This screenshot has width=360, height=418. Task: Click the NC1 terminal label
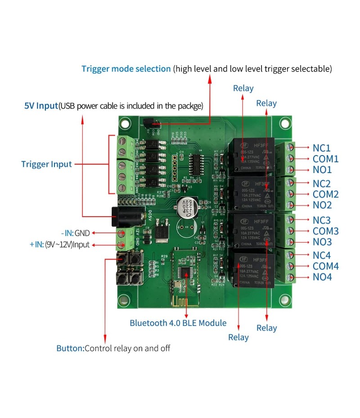pyautogui.click(x=321, y=148)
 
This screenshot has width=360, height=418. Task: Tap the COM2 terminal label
pyautogui.click(x=325, y=194)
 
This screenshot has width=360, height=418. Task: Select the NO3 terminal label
pyautogui.click(x=322, y=242)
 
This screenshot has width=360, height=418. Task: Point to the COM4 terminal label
pyautogui.click(x=325, y=266)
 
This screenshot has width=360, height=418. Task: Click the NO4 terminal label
pyautogui.click(x=322, y=277)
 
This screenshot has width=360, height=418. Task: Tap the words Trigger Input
pyautogui.click(x=46, y=164)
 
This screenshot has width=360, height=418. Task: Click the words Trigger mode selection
pyautogui.click(x=126, y=69)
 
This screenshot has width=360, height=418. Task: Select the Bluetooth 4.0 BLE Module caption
pyautogui.click(x=178, y=323)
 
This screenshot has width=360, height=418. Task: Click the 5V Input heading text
pyautogui.click(x=41, y=106)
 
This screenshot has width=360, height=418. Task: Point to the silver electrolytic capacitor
pyautogui.click(x=186, y=206)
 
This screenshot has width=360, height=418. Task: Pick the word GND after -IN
pyautogui.click(x=82, y=233)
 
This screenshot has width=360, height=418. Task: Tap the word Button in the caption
pyautogui.click(x=70, y=348)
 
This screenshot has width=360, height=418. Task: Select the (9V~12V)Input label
pyautogui.click(x=67, y=245)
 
